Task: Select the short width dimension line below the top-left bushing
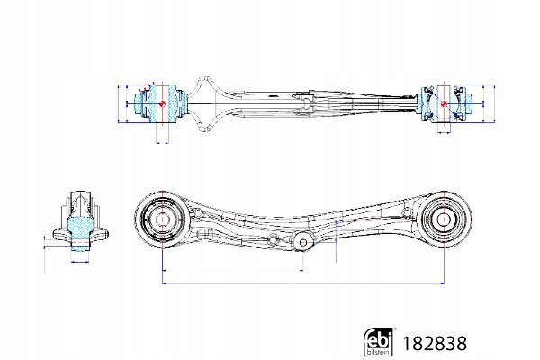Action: click(162, 141)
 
